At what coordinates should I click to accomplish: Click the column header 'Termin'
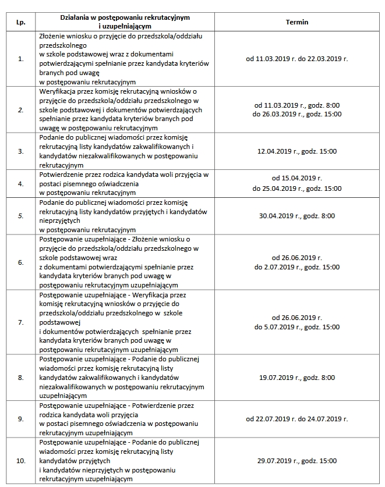(297, 22)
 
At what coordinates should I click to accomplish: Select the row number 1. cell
(22, 59)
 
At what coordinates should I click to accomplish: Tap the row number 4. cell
(22, 184)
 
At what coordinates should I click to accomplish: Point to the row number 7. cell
(22, 322)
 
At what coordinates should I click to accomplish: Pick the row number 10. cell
(22, 461)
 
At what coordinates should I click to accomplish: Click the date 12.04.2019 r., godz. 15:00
(297, 151)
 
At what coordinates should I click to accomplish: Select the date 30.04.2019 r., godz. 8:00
(297, 216)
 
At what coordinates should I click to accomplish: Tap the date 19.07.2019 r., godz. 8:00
(297, 378)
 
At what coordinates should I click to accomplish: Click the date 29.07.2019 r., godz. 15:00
(297, 461)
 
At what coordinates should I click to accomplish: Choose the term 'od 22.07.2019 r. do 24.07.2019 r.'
(297, 419)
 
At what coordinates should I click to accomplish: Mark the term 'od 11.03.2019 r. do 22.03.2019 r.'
(297, 59)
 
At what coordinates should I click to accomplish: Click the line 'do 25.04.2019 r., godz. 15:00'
(297, 189)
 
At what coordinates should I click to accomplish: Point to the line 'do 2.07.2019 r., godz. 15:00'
(297, 267)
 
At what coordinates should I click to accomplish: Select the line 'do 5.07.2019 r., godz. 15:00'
(297, 327)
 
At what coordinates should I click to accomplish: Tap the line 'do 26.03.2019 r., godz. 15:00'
(297, 115)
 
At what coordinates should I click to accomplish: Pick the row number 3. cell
(22, 151)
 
